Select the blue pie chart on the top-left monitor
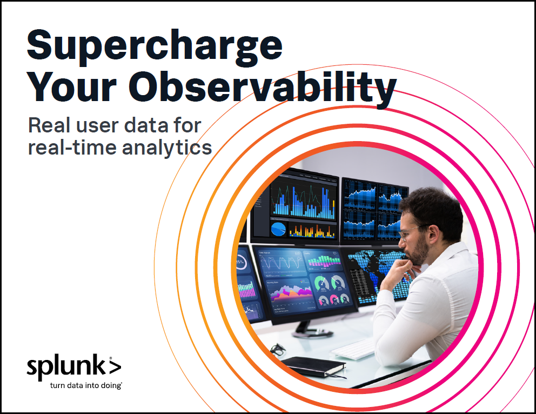click(278, 229)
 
